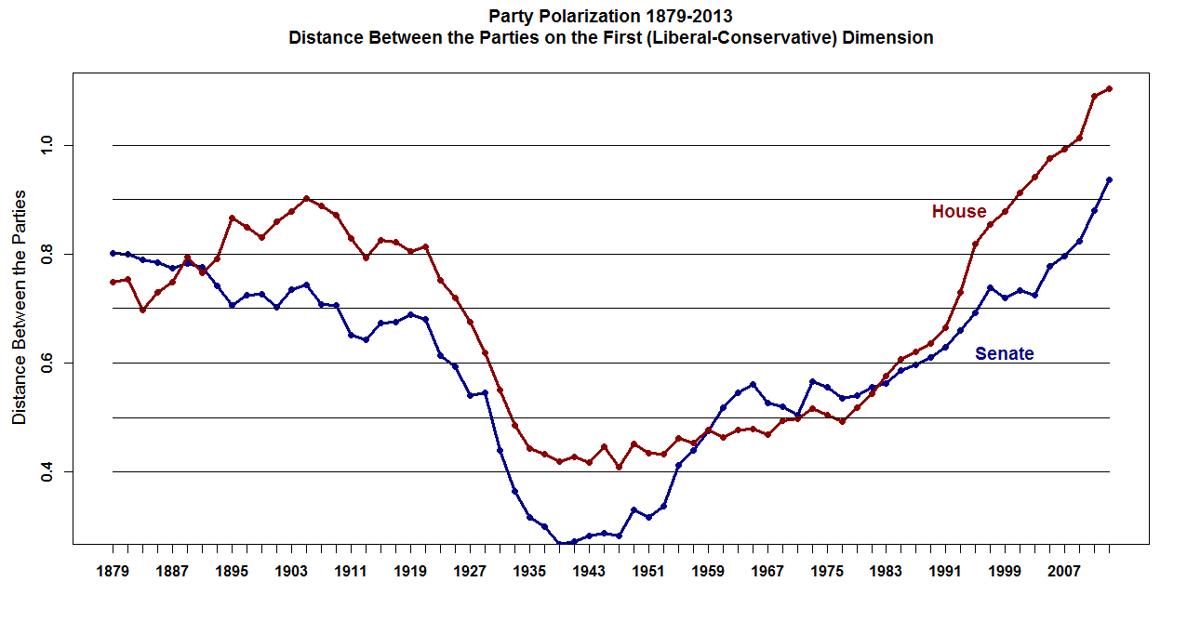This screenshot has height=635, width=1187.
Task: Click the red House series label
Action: pyautogui.click(x=958, y=212)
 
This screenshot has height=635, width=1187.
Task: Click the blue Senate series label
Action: pyautogui.click(x=1004, y=354)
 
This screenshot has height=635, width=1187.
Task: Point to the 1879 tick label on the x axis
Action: pyautogui.click(x=113, y=573)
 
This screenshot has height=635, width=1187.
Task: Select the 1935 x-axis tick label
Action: pyautogui.click(x=529, y=573)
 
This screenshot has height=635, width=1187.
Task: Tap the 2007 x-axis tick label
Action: pyautogui.click(x=1064, y=573)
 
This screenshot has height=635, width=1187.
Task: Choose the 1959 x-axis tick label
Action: pyautogui.click(x=708, y=573)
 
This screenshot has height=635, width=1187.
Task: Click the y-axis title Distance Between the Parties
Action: pyautogui.click(x=20, y=308)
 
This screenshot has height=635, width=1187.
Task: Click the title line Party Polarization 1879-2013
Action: pyautogui.click(x=610, y=17)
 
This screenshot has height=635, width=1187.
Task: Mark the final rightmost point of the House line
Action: pyautogui.click(x=1109, y=89)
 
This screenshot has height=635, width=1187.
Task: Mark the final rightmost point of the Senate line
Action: pyautogui.click(x=1109, y=179)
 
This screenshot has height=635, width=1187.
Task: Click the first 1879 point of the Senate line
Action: pyautogui.click(x=113, y=253)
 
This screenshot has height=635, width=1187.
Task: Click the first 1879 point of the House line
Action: pyautogui.click(x=113, y=282)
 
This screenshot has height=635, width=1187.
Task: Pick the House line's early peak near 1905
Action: pyautogui.click(x=306, y=198)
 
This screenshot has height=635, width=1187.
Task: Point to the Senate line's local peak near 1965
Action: pyautogui.click(x=753, y=384)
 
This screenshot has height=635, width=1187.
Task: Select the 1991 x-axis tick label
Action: pyautogui.click(x=945, y=573)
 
